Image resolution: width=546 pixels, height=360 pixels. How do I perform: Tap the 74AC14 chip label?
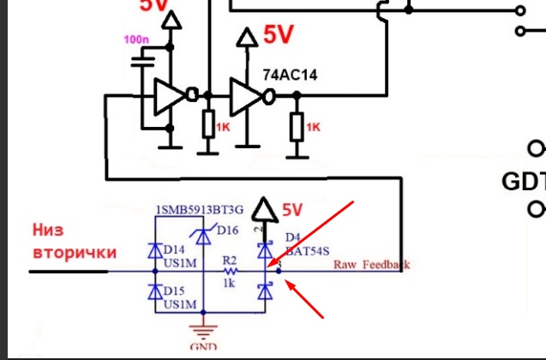290,75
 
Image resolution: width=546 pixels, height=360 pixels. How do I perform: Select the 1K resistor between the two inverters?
208,126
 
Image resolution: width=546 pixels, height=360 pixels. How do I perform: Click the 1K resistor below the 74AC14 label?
297,126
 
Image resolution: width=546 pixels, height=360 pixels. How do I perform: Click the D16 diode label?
229,230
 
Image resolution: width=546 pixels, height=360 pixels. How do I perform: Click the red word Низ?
49,231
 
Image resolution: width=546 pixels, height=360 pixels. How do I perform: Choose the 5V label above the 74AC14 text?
279,35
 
